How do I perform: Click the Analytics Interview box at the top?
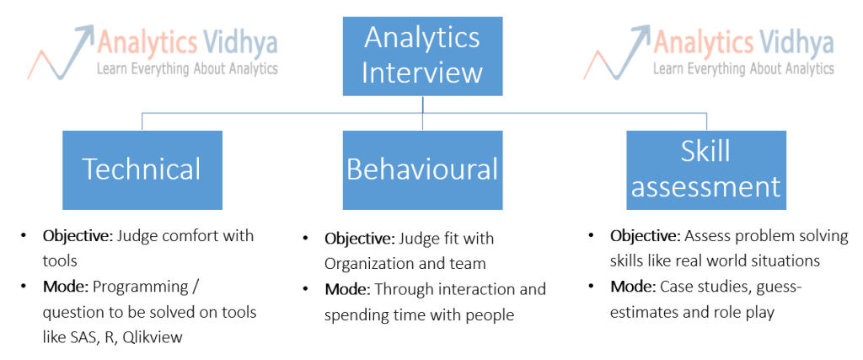pos(422,56)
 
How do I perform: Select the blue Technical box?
pos(142,169)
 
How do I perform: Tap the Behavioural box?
pos(422,169)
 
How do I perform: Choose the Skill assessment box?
pos(706,169)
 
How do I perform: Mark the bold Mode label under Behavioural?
pos(346,289)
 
